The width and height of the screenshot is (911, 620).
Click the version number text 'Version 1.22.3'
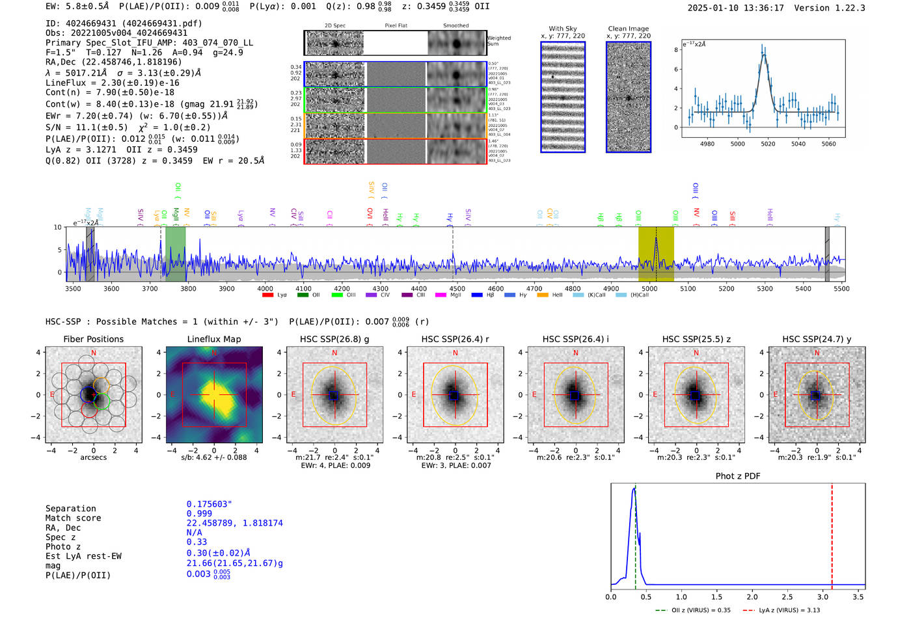click(830, 8)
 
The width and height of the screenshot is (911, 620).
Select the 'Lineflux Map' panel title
click(213, 339)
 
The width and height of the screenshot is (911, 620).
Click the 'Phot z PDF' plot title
click(737, 476)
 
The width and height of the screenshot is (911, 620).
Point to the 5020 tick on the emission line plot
click(768, 144)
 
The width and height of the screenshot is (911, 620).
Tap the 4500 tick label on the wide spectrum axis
click(457, 288)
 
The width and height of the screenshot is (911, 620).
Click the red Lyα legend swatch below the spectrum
click(267, 295)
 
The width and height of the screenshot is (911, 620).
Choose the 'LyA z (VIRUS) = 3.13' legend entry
click(784, 610)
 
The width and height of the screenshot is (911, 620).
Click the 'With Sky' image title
click(562, 29)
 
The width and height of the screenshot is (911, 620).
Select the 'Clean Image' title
click(628, 29)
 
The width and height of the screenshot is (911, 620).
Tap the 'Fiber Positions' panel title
click(93, 339)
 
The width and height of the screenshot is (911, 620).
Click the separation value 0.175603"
click(209, 504)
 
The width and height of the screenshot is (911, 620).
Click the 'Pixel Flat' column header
click(396, 25)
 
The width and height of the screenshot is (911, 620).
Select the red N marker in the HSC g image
click(334, 353)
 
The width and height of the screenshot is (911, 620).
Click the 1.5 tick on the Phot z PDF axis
click(716, 597)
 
